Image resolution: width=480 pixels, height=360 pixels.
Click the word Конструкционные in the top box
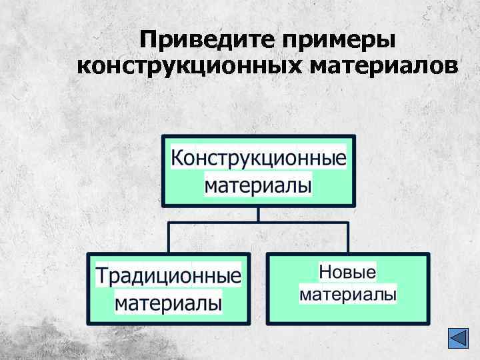click(259, 159)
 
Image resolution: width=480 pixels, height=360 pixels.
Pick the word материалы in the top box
click(258, 185)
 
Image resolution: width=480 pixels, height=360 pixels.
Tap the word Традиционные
click(168, 275)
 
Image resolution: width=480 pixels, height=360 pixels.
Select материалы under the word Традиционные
click(169, 303)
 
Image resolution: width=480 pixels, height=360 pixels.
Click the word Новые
click(347, 272)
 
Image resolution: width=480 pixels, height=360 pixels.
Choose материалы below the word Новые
click(348, 294)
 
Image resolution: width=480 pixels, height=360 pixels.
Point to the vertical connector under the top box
click(259, 214)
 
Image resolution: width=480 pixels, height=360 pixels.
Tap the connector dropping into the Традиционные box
click(169, 237)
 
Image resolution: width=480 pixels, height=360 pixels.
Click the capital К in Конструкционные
click(177, 159)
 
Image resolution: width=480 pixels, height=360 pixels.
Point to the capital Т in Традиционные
click(102, 275)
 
